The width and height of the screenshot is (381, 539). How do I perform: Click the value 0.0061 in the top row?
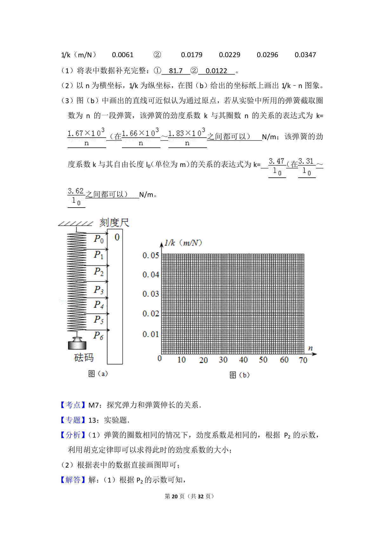pos(123,55)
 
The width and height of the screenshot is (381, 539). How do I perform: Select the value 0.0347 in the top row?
pos(305,55)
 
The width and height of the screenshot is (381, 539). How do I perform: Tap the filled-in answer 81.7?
pos(176,71)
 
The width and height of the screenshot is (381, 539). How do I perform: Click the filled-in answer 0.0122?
pos(216,71)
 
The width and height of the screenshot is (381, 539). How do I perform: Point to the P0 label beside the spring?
pos(98,239)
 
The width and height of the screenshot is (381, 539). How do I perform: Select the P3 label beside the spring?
pos(98,290)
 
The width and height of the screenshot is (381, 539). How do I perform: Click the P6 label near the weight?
pos(98,336)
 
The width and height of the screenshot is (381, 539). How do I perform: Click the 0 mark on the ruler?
pos(117,237)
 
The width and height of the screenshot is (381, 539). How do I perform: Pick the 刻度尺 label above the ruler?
pos(114,223)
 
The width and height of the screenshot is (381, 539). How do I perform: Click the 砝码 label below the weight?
pos(84,358)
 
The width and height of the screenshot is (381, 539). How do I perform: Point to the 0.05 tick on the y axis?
pos(150,256)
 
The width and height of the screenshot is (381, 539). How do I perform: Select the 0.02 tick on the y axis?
pos(150,314)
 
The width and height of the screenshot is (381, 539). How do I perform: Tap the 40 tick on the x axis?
pos(243,360)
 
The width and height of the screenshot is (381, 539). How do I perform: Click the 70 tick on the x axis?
pos(303,360)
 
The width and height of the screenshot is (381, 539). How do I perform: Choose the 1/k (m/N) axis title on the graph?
pos(183,243)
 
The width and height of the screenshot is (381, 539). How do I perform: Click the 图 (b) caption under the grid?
pos(239,375)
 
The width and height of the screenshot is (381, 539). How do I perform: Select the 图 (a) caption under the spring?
pos(98,374)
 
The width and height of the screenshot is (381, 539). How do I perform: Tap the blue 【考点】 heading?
pos(73,405)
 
